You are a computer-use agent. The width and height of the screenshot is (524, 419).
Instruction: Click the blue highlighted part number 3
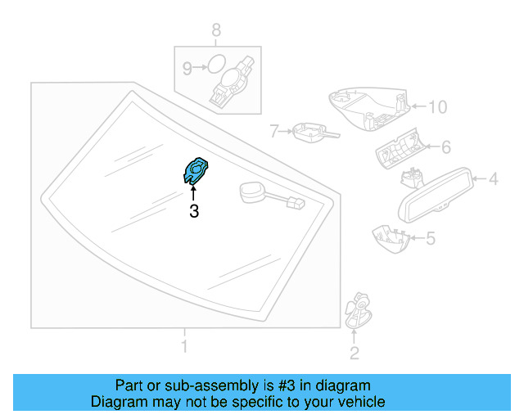coord(194,170)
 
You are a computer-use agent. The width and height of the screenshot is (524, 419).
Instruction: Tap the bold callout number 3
coord(194,212)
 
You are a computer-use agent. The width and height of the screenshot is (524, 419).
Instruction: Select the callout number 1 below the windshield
coord(184,347)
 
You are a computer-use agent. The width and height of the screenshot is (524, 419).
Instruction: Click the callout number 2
coord(354,354)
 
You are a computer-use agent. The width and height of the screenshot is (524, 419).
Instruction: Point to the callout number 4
coord(494,178)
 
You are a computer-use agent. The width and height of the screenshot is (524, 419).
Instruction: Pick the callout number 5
coord(431,238)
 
